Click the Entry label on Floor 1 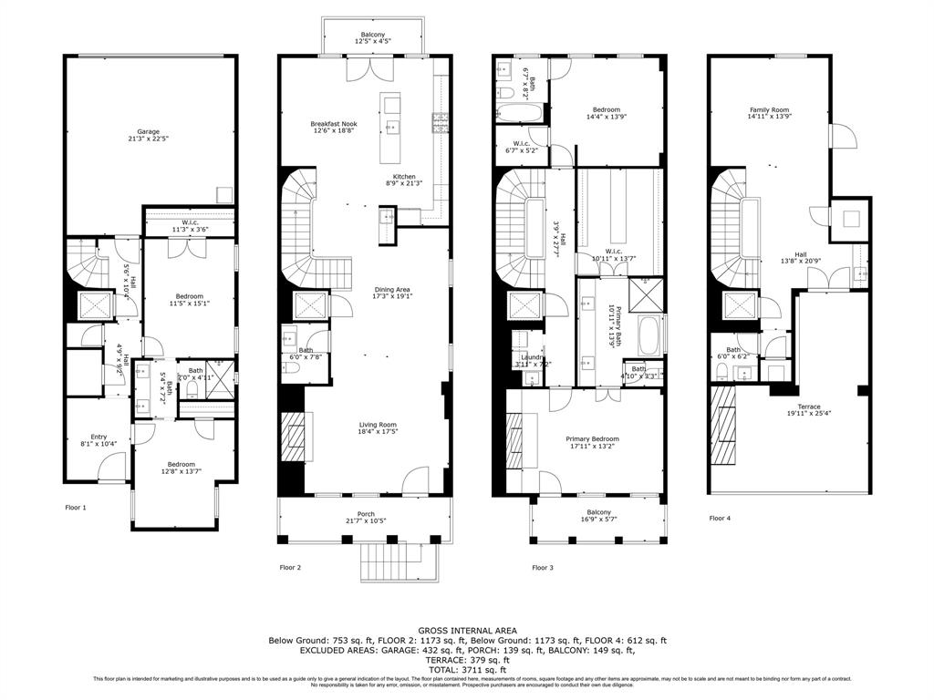[99, 439]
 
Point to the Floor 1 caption [75, 507]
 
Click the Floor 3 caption [542, 567]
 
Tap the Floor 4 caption [720, 518]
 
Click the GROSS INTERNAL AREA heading [467, 630]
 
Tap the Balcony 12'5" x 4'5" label [370, 38]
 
